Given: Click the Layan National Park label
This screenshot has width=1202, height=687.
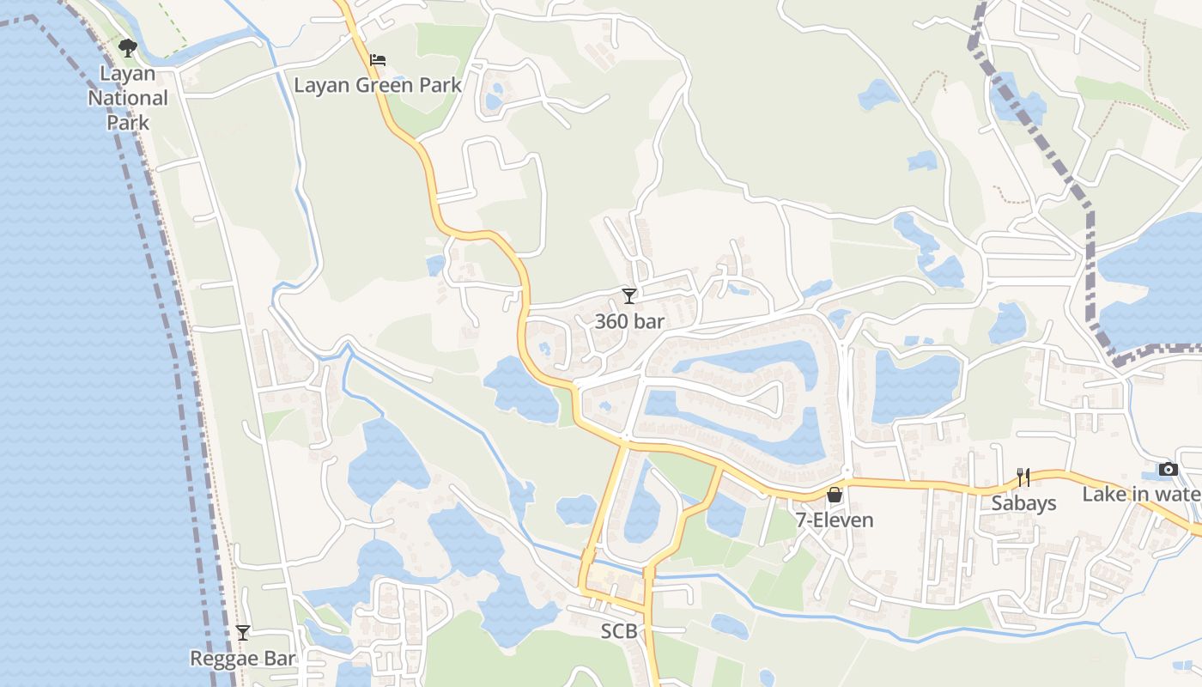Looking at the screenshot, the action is point(128,98).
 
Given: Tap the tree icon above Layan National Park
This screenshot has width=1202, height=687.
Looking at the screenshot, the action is point(128,47).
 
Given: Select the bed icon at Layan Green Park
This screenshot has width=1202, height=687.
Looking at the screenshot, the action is point(378,60).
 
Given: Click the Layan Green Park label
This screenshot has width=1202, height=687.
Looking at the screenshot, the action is point(378,85).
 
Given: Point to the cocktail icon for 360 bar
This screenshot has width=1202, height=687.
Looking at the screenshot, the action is point(629,296).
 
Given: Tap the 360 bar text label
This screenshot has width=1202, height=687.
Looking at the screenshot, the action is point(629,321).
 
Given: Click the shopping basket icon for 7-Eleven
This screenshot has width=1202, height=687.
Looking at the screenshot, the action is point(834,495).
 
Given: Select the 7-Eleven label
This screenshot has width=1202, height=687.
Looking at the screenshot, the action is point(834,520).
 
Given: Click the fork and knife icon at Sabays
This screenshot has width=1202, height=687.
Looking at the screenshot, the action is point(1023,477).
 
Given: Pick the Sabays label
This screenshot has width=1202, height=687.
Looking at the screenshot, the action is point(1023,502).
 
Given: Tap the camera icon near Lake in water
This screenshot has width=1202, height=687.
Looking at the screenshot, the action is point(1168,469).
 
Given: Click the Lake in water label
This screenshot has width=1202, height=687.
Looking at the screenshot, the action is point(1141,494).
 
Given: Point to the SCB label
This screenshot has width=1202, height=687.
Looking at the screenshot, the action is point(618,631).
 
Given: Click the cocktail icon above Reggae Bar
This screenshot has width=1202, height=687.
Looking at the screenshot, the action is point(243,633).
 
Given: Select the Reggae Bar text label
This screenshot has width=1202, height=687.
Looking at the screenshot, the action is point(242,659).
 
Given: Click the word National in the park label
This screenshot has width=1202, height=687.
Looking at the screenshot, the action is point(128,98).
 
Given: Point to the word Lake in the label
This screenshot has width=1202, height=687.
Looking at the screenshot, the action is point(1101,494).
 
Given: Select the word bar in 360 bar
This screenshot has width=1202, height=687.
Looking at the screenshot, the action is point(647,321).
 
